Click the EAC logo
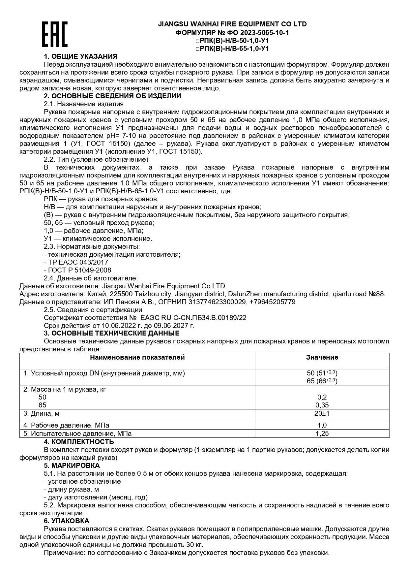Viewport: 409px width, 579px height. (55, 34)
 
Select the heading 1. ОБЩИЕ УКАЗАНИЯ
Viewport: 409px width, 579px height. (81, 56)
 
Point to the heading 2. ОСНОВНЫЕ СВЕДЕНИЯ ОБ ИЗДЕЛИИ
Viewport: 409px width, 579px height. (112, 96)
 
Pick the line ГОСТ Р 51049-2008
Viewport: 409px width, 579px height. (77, 270)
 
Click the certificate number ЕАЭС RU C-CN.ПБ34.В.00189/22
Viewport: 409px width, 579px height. (193, 318)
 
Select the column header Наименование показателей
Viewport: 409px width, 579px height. (137, 357)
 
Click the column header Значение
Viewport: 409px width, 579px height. (322, 357)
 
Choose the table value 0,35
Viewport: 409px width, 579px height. (322, 405)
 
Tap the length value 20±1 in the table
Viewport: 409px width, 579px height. (322, 413)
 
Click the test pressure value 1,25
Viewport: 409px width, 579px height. (322, 434)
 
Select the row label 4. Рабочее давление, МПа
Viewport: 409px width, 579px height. (66, 425)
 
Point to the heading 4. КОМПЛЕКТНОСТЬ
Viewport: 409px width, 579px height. (79, 442)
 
